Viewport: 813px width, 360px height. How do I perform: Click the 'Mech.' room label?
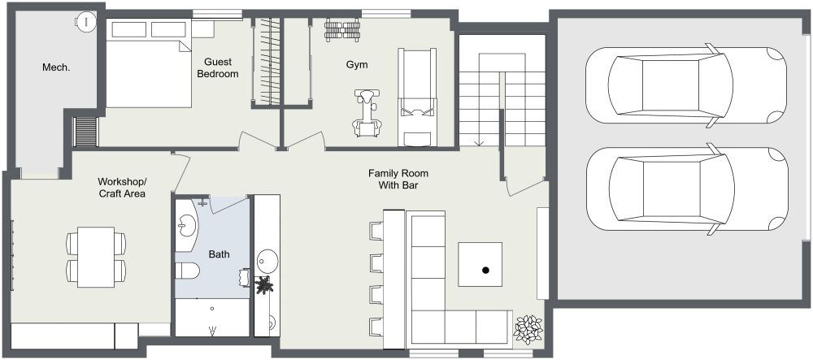(x=56, y=67)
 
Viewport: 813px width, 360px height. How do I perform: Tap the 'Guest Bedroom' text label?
(x=221, y=67)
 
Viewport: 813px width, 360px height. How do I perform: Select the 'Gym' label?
(x=356, y=63)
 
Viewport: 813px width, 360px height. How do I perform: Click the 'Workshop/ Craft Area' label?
(x=122, y=187)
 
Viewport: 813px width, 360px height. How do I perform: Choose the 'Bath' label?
(x=219, y=254)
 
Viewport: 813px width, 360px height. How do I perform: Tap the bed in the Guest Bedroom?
(x=146, y=65)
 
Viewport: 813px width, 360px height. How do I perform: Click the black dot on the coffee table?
(x=486, y=270)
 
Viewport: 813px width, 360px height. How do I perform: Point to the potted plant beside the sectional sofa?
(x=528, y=328)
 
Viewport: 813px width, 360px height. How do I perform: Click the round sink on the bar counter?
(x=267, y=262)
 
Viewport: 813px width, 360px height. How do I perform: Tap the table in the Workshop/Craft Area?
(x=96, y=256)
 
